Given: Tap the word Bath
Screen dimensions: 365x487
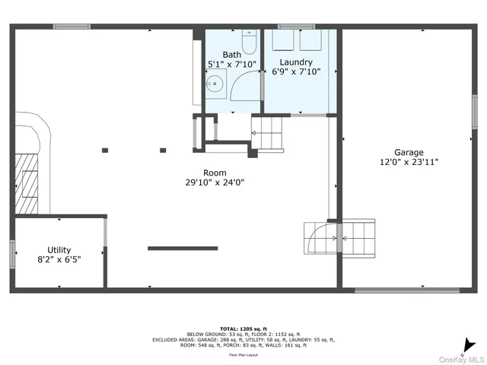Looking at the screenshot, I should [232, 55].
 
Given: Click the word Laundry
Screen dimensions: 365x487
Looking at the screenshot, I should [296, 62].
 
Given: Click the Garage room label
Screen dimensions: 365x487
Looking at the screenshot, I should [409, 152].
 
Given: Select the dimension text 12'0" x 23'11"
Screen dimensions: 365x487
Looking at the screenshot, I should [409, 162].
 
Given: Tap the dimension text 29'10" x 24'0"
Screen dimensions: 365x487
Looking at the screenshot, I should [215, 182].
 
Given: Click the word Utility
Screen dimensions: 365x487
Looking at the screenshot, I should [59, 249].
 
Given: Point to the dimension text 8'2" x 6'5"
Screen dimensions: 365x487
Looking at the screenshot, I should [59, 259].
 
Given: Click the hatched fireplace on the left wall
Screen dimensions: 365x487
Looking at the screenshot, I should [29, 182].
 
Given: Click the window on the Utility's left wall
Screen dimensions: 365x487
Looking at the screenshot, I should [12, 254].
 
